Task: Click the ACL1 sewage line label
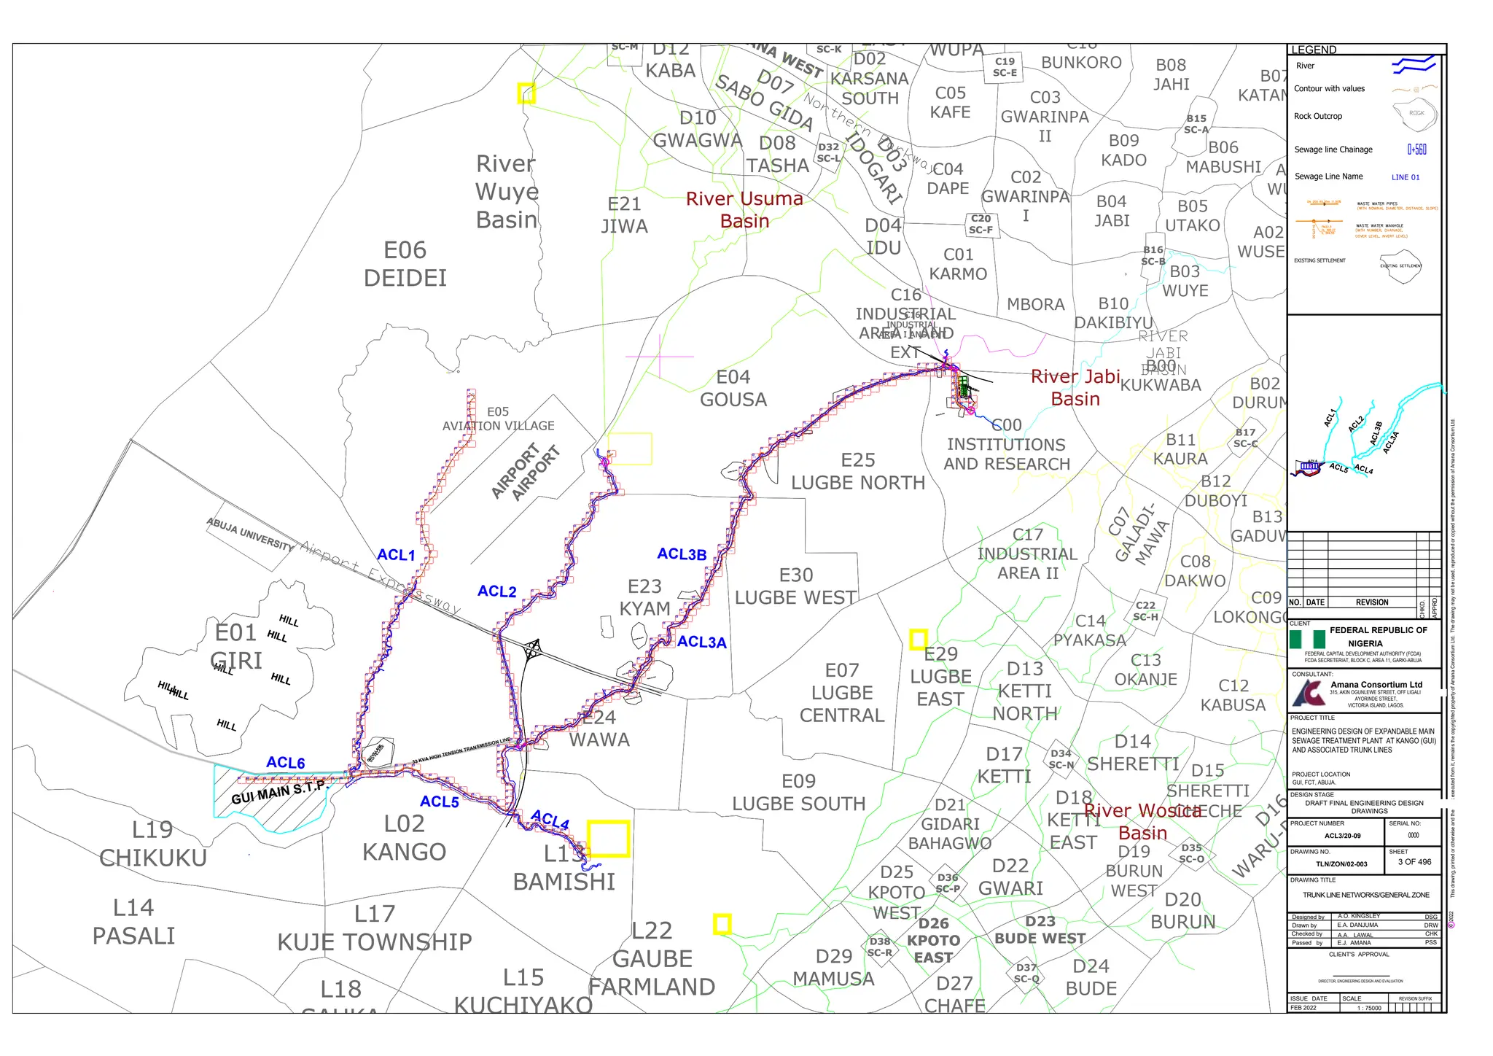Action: coord(396,555)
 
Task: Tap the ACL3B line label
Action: coord(682,554)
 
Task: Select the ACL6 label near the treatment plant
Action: coord(285,763)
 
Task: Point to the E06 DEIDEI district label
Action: coord(405,264)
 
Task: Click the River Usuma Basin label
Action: coord(744,210)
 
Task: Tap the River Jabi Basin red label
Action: coord(1075,387)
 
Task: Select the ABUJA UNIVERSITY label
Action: coord(250,534)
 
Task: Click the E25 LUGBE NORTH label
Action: coord(857,471)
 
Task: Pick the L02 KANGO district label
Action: coord(404,838)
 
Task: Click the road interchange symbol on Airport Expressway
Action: coord(534,648)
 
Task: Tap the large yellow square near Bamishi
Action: coord(608,839)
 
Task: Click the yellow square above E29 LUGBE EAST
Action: coord(919,640)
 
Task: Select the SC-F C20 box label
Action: coord(981,225)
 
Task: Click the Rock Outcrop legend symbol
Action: coord(1414,114)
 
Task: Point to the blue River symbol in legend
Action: coord(1414,66)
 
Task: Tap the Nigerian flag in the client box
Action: coord(1306,640)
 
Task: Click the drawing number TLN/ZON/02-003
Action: coord(1341,864)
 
